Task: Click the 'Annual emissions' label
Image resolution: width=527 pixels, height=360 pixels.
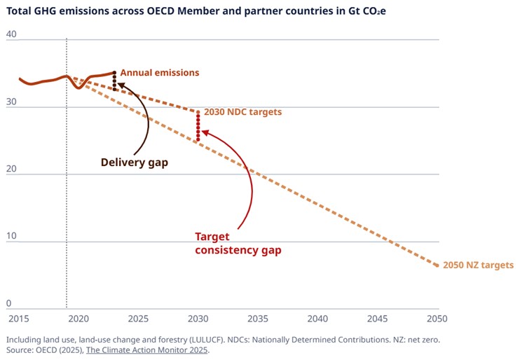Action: click(160, 73)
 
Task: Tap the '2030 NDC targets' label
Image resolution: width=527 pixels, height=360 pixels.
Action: click(243, 112)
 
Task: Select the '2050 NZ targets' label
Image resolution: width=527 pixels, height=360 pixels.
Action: click(479, 265)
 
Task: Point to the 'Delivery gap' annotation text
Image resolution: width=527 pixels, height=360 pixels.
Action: click(135, 162)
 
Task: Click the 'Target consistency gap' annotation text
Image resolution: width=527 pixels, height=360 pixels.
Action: click(238, 244)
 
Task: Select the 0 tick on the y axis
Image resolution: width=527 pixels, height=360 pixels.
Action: click(8, 303)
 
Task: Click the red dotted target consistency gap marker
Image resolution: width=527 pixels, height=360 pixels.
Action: click(198, 127)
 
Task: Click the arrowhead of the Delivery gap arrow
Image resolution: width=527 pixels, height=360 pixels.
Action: click(119, 84)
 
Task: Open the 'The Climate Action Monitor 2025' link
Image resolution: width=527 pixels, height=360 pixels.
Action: click(147, 350)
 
